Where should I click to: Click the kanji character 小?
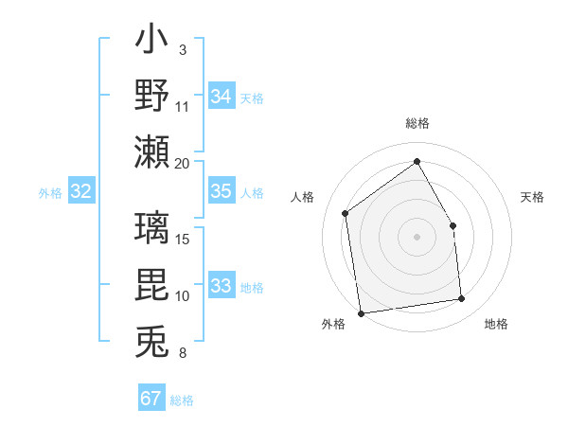point(152,43)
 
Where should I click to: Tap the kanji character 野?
point(152,96)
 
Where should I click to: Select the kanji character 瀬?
point(152,151)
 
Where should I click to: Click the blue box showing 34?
point(222,96)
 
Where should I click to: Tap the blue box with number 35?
point(222,191)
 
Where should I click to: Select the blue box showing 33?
point(222,286)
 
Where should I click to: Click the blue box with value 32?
point(81,192)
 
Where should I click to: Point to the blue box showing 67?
point(151,398)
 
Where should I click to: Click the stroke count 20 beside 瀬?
point(182,163)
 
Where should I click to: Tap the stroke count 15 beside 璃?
point(183,239)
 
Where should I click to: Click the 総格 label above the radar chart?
point(417,123)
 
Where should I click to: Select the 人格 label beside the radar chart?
point(303,197)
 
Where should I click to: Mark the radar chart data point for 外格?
point(361,313)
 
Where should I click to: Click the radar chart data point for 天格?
point(453,225)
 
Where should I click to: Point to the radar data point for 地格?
point(462,299)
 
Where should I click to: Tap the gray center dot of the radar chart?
point(417,237)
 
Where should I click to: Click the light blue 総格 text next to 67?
point(182,400)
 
